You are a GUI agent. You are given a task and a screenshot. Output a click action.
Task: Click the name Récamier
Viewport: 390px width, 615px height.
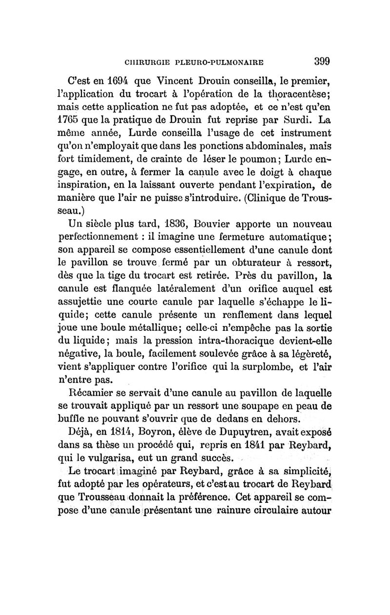pos(98,390)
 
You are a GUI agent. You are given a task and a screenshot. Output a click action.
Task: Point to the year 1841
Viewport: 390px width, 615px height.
pos(230,444)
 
